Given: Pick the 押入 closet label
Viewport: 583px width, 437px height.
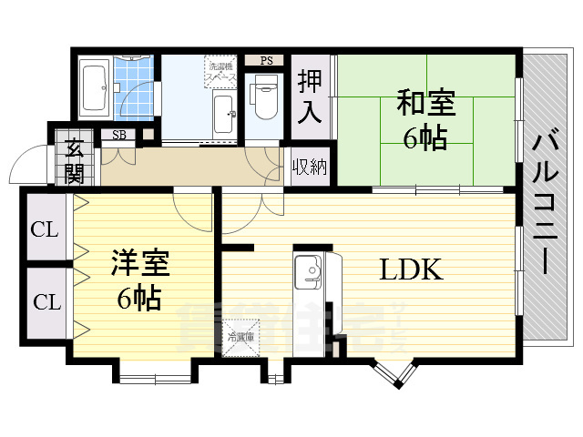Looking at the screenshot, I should tap(310, 97).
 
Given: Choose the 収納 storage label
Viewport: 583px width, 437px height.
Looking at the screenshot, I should tap(310, 167).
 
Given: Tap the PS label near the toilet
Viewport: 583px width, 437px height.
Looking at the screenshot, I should tap(266, 61).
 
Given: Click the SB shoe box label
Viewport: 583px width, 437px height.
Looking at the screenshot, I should tap(119, 136).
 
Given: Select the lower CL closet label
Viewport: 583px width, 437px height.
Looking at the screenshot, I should tap(45, 300).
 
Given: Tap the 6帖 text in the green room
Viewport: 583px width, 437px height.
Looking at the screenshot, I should tap(424, 138).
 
